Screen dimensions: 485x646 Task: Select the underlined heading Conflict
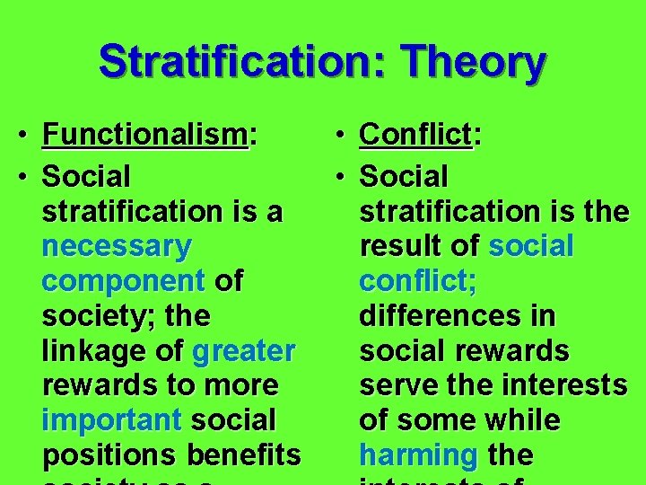click(x=415, y=136)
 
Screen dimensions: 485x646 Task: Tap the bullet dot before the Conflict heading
click(x=344, y=137)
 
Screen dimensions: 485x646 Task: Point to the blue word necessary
click(x=117, y=246)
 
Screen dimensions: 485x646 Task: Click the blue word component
click(x=124, y=281)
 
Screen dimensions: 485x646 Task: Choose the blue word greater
click(x=243, y=350)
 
